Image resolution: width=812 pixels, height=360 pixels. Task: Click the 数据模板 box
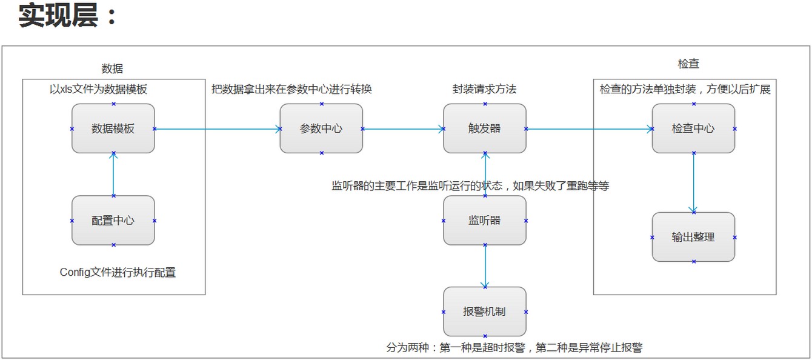click(113, 128)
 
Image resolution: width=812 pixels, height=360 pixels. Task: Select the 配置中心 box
click(113, 221)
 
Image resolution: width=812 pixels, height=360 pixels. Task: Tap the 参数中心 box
click(321, 128)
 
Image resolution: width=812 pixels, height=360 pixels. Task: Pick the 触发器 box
click(485, 128)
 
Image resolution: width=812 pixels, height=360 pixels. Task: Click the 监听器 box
click(485, 221)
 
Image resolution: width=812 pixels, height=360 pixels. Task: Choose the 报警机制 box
click(485, 312)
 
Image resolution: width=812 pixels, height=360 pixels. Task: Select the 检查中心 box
click(693, 128)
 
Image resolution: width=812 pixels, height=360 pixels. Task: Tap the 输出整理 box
click(693, 237)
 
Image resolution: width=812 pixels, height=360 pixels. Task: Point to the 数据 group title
click(112, 69)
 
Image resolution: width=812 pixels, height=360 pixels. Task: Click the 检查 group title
click(688, 64)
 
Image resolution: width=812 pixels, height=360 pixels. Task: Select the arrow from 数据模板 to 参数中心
click(218, 128)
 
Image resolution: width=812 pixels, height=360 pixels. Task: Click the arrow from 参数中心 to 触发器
click(403, 128)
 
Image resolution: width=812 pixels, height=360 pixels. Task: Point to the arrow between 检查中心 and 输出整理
click(693, 182)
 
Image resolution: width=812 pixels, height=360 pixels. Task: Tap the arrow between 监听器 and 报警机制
click(485, 266)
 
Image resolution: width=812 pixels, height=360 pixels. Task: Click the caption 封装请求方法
click(484, 89)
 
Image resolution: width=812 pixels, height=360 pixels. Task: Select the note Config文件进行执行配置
click(118, 273)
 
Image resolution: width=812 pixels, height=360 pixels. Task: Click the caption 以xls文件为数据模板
click(98, 89)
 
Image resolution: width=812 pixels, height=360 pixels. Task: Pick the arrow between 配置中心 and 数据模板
click(113, 175)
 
